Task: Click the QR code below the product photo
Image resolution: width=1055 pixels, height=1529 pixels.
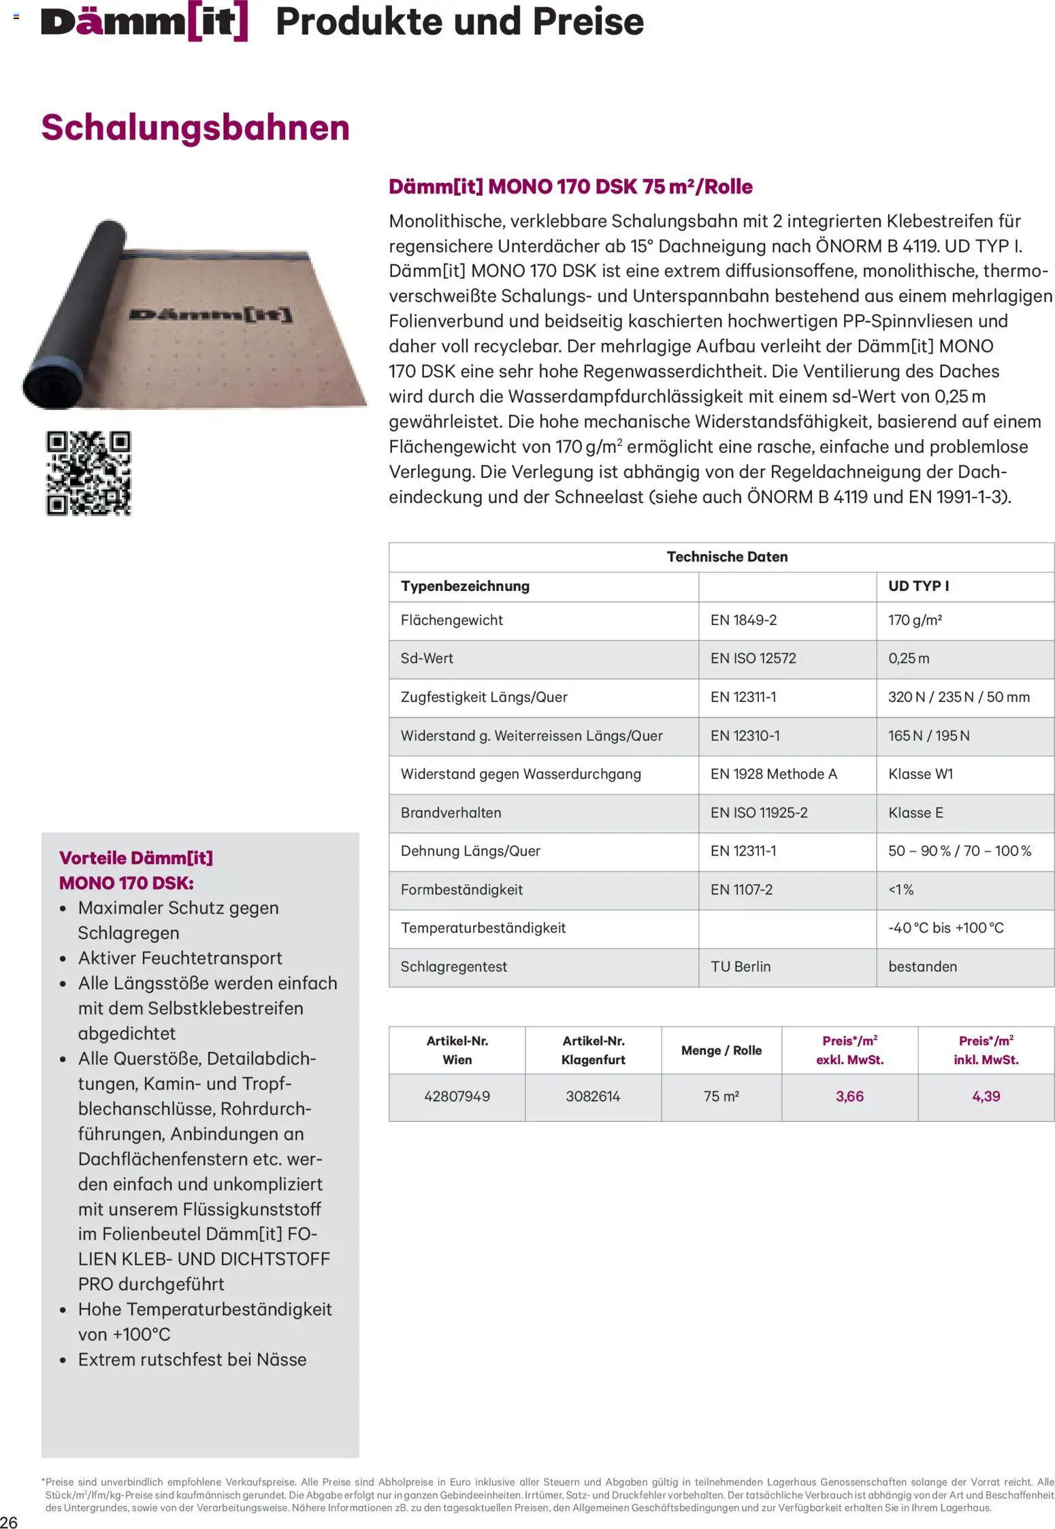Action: click(88, 473)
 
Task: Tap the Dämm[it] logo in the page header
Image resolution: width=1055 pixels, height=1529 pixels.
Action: click(144, 22)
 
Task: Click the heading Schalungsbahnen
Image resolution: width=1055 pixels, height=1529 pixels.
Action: click(195, 127)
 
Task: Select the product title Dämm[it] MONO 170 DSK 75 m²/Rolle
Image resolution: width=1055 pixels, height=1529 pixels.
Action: click(570, 187)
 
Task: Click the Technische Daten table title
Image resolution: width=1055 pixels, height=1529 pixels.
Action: click(727, 557)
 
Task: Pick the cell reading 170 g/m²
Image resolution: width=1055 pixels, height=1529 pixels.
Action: click(915, 620)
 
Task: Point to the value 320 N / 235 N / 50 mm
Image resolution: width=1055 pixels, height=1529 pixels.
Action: click(958, 697)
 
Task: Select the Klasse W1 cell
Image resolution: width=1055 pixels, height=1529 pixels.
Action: click(920, 774)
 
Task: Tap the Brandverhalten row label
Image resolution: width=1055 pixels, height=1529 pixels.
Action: click(451, 813)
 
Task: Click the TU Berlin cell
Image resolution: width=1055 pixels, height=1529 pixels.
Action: click(741, 967)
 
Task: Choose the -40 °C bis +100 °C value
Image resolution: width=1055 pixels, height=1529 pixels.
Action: click(945, 928)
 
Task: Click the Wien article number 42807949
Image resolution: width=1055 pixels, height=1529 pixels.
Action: click(457, 1097)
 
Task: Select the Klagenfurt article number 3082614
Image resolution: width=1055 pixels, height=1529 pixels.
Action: click(593, 1097)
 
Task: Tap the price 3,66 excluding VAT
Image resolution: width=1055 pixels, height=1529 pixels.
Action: click(849, 1097)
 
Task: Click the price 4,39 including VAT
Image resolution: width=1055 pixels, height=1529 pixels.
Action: click(986, 1097)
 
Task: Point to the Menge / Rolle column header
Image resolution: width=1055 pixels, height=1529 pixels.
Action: click(721, 1050)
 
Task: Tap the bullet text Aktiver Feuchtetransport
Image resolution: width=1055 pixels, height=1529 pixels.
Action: click(180, 958)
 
